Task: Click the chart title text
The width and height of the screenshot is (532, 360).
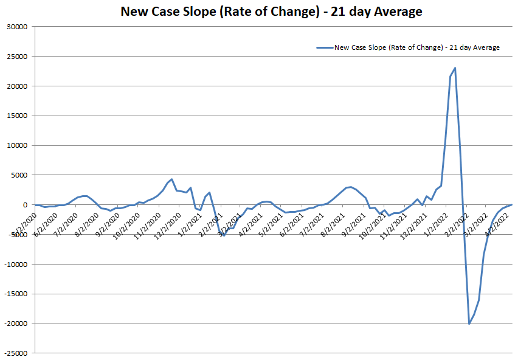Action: [271, 12]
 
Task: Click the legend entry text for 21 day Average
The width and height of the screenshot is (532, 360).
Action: [417, 47]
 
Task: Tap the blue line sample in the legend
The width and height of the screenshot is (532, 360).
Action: [325, 47]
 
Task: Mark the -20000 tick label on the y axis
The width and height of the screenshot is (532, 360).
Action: [16, 324]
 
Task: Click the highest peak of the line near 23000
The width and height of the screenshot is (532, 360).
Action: [455, 68]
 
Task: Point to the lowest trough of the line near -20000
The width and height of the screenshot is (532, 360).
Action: [469, 324]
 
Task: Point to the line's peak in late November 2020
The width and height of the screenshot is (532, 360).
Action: [172, 179]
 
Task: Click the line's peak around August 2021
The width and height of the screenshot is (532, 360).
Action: [351, 187]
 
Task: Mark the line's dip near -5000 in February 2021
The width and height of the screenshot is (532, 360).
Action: [224, 235]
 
